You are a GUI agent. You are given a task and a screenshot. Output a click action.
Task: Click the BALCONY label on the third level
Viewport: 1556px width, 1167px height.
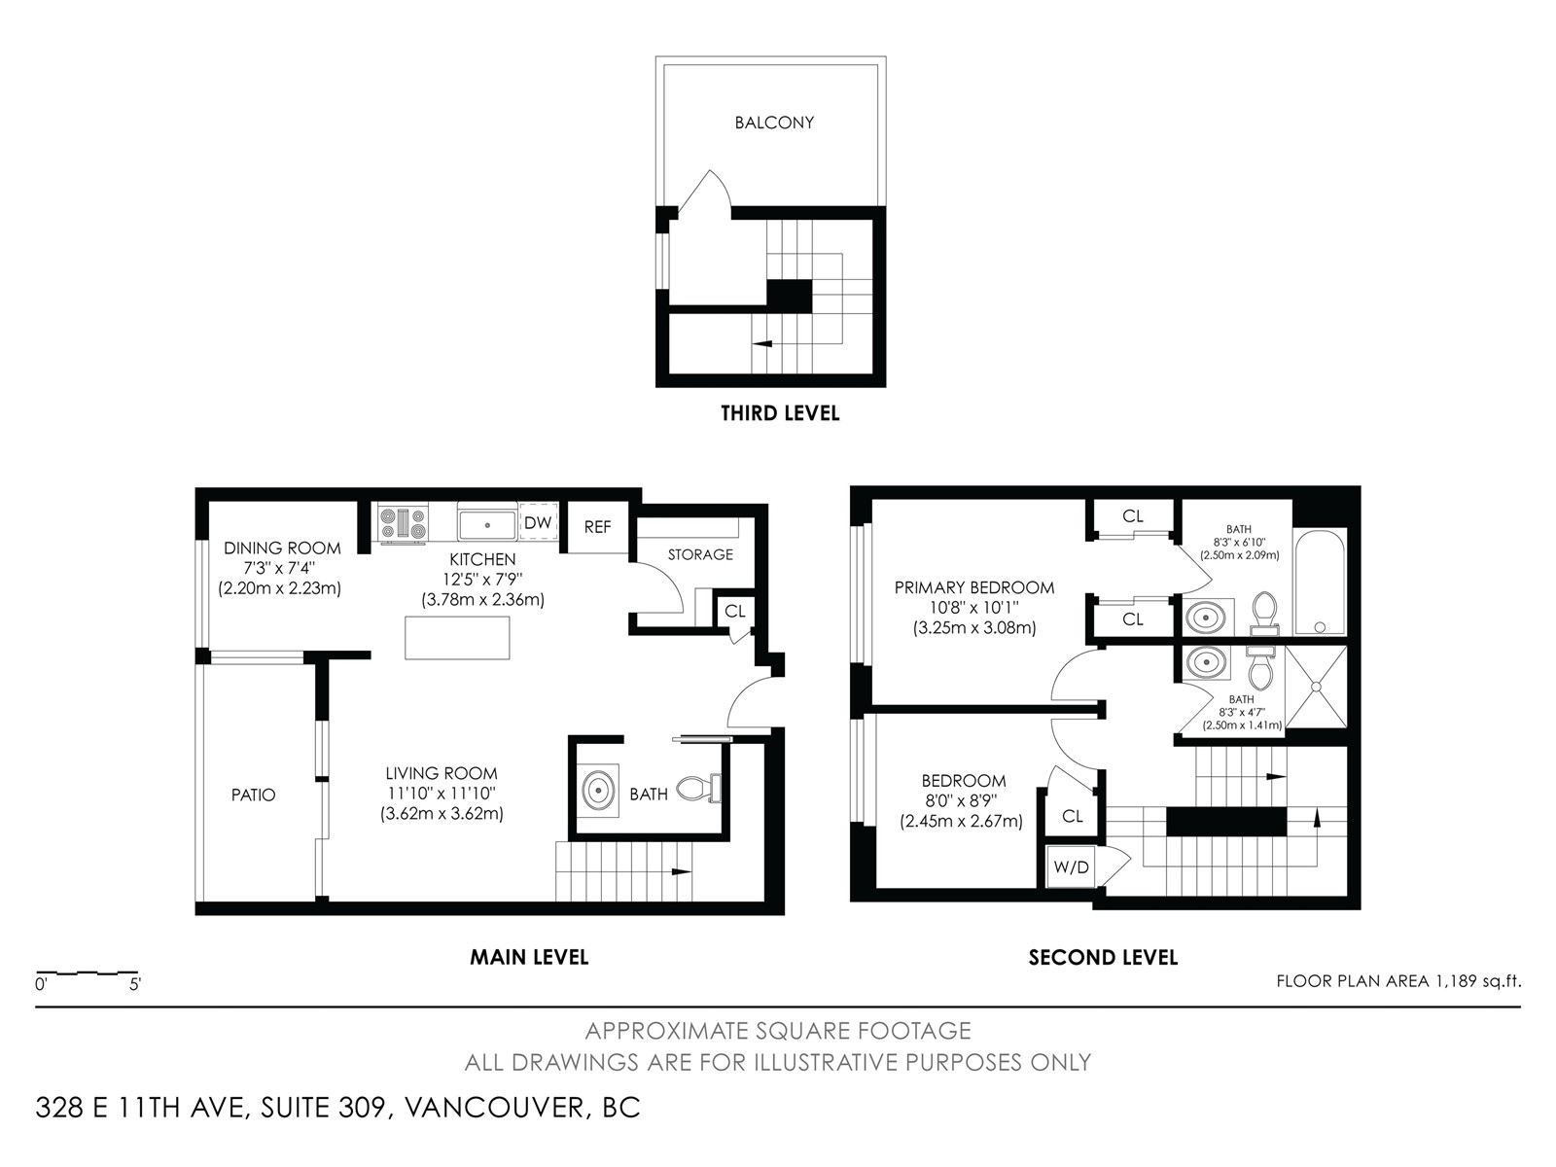(773, 123)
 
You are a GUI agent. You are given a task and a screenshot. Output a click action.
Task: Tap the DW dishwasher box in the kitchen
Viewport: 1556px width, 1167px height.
(538, 523)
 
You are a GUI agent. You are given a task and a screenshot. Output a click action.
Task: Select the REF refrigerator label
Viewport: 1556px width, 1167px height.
(597, 526)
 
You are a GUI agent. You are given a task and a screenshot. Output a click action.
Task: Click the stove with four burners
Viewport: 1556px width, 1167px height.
(404, 523)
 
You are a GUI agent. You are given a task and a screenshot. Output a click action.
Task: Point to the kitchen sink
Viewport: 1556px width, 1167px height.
(487, 523)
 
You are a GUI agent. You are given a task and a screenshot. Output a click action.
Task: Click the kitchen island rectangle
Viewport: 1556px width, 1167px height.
(457, 638)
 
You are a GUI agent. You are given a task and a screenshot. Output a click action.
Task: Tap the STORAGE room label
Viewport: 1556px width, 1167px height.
(700, 554)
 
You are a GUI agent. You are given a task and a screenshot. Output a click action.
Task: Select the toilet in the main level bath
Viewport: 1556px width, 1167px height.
(699, 788)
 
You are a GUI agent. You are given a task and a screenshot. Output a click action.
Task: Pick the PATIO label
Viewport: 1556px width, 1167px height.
(253, 795)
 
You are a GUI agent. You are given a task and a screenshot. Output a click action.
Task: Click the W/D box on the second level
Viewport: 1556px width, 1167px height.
(1071, 866)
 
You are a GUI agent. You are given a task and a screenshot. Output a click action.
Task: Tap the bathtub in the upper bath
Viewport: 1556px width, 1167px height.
(1320, 582)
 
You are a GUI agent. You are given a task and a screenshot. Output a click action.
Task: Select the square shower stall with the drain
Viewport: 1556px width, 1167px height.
(1316, 687)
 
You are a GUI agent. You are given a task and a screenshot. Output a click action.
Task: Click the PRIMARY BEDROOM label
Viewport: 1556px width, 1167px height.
(974, 587)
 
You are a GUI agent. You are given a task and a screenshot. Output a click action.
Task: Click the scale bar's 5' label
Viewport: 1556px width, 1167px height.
(134, 985)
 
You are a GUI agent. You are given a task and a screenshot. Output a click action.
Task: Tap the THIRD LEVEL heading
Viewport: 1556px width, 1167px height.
(780, 413)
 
